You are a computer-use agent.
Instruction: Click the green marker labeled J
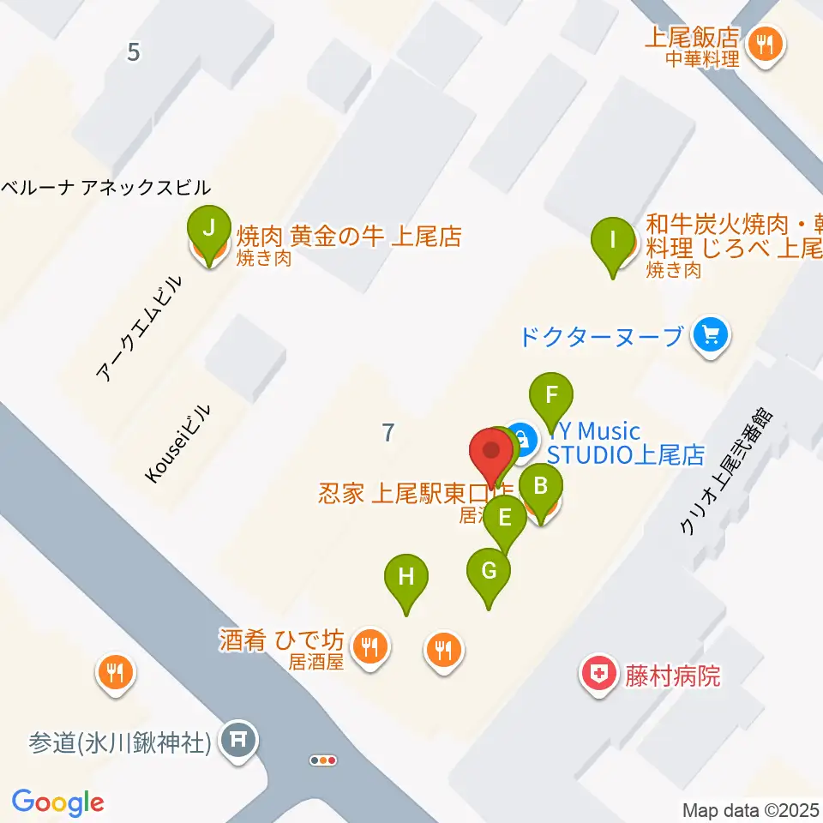[x=208, y=230]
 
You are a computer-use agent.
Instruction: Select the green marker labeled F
[x=552, y=396]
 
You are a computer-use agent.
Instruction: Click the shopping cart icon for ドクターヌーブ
[x=710, y=333]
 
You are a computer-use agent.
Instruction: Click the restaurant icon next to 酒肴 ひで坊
[x=369, y=646]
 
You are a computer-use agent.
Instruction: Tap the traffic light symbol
[x=324, y=760]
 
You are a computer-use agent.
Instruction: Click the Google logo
[x=57, y=802]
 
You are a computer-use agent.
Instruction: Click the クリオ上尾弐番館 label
[x=726, y=471]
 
